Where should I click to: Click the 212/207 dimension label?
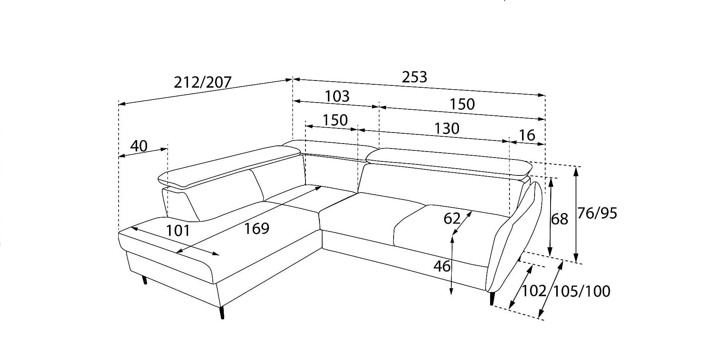[x=203, y=82]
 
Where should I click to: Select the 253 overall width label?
[x=415, y=77]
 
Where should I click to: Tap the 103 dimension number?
[x=337, y=96]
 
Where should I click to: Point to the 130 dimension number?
[x=447, y=129]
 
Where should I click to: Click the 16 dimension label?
[x=527, y=135]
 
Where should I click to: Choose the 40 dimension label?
[x=139, y=146]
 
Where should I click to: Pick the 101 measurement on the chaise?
[x=178, y=231]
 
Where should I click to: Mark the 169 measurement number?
[x=256, y=229]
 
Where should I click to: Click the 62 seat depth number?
[x=452, y=219]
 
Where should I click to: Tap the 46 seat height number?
[x=442, y=267]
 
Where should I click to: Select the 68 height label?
[x=560, y=219]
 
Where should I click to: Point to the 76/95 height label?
[x=597, y=213]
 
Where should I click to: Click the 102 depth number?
[x=533, y=291]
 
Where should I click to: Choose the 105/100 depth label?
[x=581, y=291]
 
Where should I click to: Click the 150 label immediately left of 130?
[x=335, y=120]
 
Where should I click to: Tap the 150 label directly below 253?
[x=462, y=104]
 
